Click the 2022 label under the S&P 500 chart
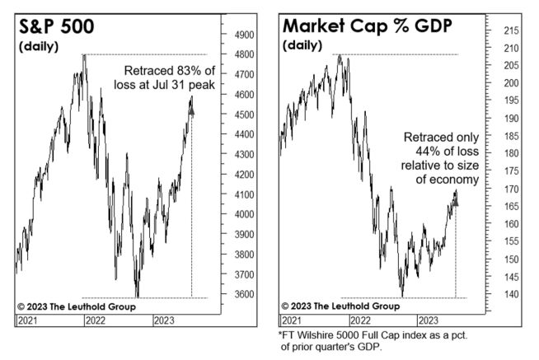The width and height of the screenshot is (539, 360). (96, 320)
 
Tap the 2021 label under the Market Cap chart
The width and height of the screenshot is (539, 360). (292, 320)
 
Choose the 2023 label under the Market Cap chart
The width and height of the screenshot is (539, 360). (428, 320)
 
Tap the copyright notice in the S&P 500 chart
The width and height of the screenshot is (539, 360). (76, 306)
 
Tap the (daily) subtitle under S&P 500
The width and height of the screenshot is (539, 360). (38, 46)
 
